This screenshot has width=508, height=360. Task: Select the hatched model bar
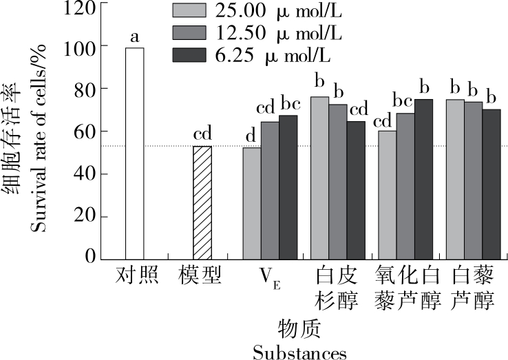[203, 202]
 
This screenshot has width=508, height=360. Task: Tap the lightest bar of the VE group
[252, 203]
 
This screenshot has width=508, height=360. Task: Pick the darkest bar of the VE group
[288, 187]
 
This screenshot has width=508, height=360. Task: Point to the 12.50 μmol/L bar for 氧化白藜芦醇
[405, 186]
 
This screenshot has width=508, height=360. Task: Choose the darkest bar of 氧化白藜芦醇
[423, 179]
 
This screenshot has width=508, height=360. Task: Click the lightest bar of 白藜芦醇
[455, 179]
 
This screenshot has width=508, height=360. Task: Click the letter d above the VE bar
[251, 136]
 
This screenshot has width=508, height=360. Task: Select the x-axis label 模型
[202, 276]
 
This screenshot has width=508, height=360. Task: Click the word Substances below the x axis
[299, 352]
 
